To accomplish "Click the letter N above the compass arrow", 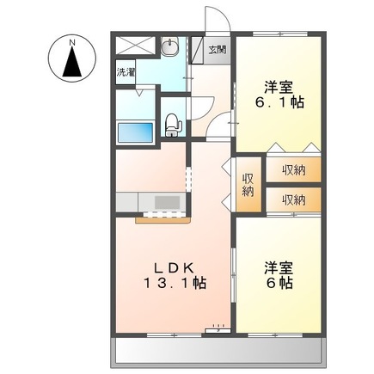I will coord(72,40).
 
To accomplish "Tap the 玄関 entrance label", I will coord(218,49).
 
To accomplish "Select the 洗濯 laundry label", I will coord(125,73).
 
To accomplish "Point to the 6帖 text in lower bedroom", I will coord(279,281).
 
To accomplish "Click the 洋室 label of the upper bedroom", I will coord(277,87).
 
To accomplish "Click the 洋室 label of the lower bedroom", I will coord(277,266).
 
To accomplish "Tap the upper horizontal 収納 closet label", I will coord(292,169).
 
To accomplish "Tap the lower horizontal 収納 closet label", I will coord(292,199).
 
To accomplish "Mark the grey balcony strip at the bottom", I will coord(219,350).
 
